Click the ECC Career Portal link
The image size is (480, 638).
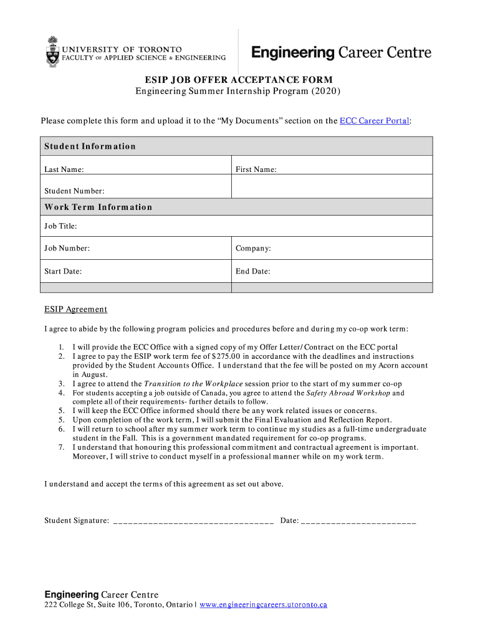pos(374,121)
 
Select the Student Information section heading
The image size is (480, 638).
pos(90,146)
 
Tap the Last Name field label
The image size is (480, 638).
pos(64,169)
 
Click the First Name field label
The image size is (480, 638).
pos(256,169)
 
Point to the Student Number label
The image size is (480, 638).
pos(74,191)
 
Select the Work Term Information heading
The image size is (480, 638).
pos(98,207)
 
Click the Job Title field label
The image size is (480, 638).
pos(60,226)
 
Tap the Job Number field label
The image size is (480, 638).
pos(67,249)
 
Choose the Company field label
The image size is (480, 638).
pos(253,249)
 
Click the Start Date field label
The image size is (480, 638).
pos(63,272)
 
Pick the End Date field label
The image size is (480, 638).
pos(252,272)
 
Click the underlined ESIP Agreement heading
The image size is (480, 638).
pos(75,310)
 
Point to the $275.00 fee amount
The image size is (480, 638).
pos(227,356)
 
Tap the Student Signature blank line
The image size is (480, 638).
pos(193,521)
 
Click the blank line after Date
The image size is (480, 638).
pos(358,521)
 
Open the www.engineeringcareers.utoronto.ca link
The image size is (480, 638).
pos(263,605)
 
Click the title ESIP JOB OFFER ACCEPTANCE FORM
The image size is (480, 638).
pos(239,80)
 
